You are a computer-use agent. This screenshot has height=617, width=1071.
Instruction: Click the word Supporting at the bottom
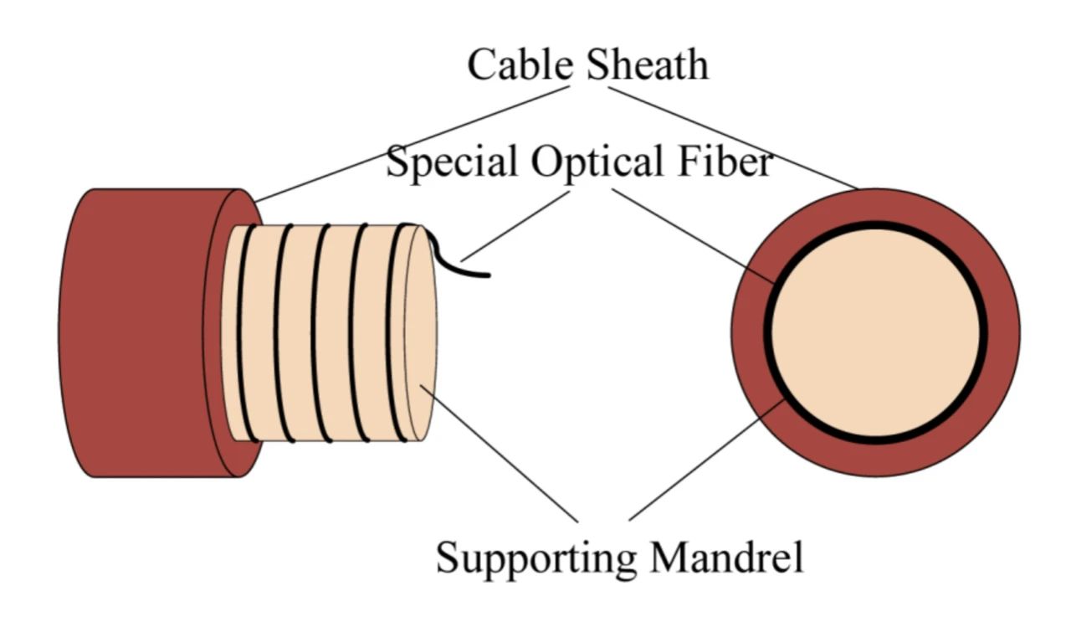coord(536,557)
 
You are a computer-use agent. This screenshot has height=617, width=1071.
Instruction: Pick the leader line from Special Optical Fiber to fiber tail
coord(515,225)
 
